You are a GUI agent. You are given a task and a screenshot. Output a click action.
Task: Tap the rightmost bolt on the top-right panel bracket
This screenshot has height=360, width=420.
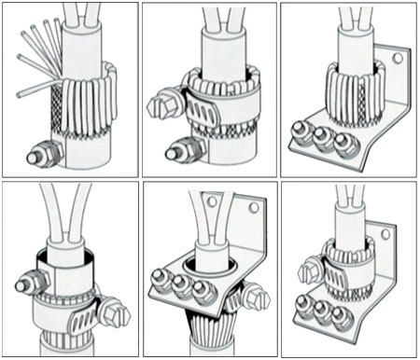pyautogui.click(x=344, y=145)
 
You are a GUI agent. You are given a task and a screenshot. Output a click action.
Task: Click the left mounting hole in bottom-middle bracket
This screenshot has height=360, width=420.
pyautogui.click(x=212, y=200)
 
